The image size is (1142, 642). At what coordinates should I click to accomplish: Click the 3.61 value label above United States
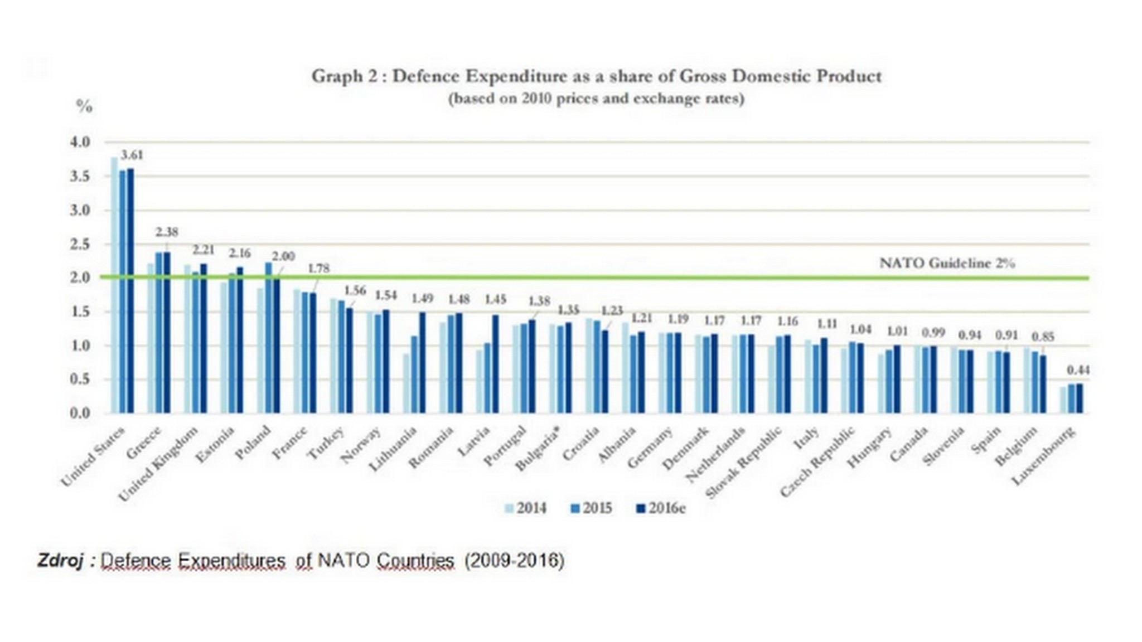click(x=132, y=155)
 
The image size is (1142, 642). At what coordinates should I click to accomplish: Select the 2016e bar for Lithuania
click(x=422, y=362)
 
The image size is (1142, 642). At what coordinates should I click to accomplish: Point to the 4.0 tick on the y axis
click(x=80, y=142)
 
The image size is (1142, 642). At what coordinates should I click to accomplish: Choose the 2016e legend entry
click(x=661, y=508)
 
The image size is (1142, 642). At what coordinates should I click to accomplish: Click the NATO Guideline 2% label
click(x=947, y=263)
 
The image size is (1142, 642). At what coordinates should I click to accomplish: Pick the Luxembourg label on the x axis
click(x=1043, y=456)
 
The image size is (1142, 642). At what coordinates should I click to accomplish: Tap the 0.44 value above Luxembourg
click(x=1078, y=370)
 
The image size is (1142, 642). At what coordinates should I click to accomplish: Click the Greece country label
click(x=144, y=442)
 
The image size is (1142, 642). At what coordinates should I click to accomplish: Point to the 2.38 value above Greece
click(x=167, y=232)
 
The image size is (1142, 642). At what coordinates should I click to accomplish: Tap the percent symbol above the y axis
click(x=84, y=107)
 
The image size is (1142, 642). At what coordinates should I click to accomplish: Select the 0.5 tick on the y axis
click(x=80, y=380)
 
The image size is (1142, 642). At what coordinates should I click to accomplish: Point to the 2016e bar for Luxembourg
click(x=1080, y=398)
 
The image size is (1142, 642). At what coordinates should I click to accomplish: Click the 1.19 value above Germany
click(x=678, y=319)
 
